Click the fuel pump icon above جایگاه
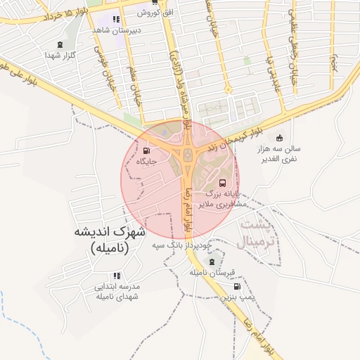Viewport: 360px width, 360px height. (x=146, y=150)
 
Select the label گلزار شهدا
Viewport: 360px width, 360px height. (x=60, y=54)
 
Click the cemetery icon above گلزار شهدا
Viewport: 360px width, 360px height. (x=69, y=44)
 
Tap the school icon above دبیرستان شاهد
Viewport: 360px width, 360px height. (x=116, y=19)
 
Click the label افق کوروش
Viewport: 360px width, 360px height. (x=150, y=13)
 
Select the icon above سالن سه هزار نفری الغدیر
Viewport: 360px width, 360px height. (x=281, y=138)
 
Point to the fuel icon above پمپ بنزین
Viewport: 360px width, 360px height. (x=237, y=285)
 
